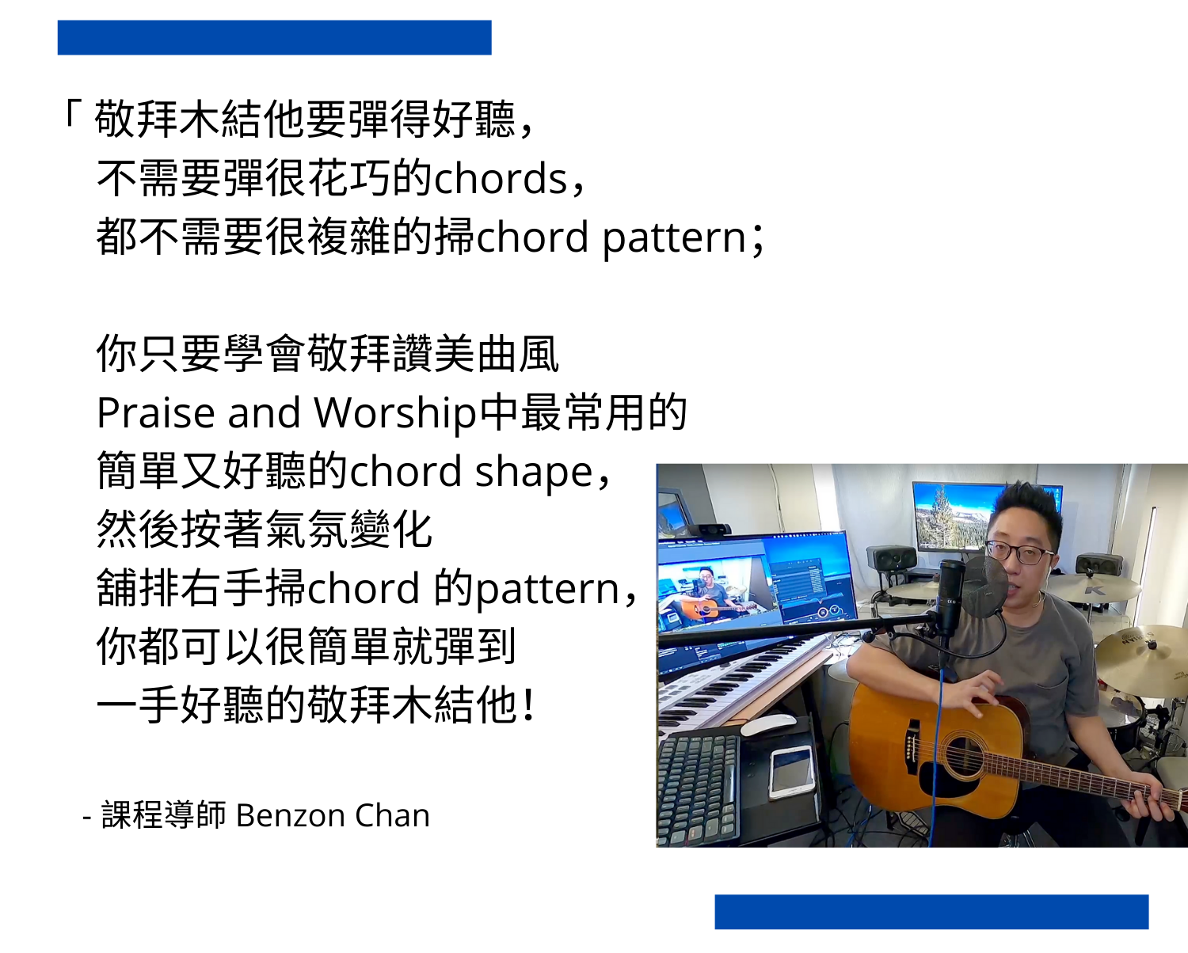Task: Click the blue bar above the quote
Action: pyautogui.click(x=274, y=37)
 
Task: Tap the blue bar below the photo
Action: pyautogui.click(x=932, y=912)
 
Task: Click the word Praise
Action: pyautogui.click(x=156, y=413)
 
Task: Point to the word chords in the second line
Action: pyautogui.click(x=501, y=178)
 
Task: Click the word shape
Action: pyautogui.click(x=534, y=473)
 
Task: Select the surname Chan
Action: pyautogui.click(x=392, y=815)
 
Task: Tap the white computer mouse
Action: pyautogui.click(x=768, y=724)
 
